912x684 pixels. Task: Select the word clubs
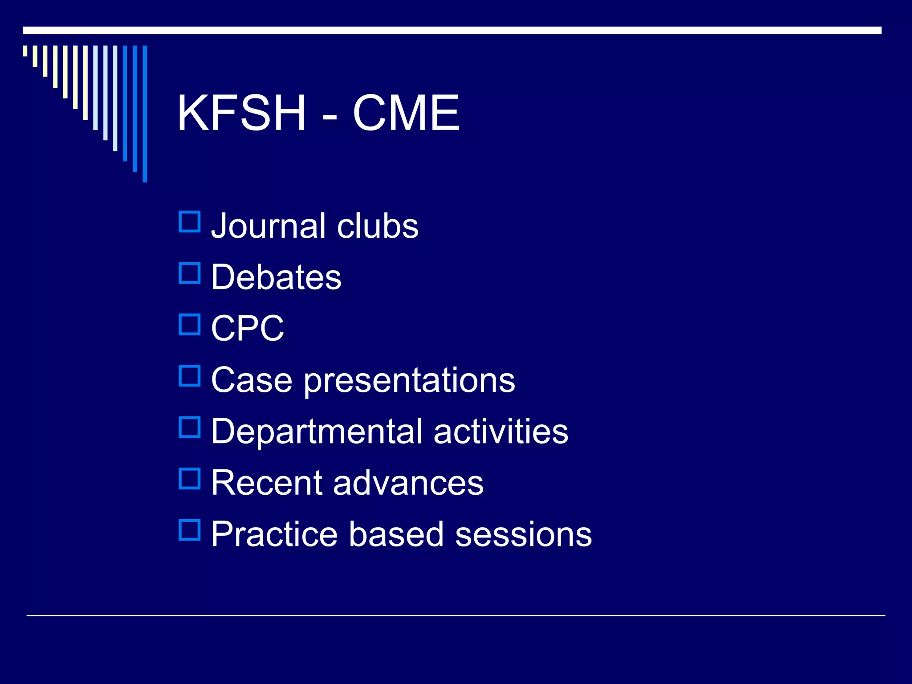click(x=378, y=226)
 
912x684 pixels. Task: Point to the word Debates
click(x=276, y=277)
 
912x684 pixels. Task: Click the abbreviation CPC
click(x=248, y=328)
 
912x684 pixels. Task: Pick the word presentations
click(x=410, y=381)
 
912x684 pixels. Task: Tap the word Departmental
click(x=317, y=432)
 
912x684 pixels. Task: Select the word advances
click(x=408, y=483)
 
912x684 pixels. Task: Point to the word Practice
click(x=274, y=534)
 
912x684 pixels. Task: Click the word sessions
click(x=524, y=534)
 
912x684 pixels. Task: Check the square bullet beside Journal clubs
click(x=190, y=222)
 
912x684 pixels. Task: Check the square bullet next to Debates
click(x=190, y=273)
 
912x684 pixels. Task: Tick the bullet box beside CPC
click(x=190, y=324)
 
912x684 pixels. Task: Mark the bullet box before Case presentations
click(x=190, y=376)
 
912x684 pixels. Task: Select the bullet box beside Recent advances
click(x=190, y=479)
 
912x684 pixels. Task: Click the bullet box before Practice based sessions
click(x=190, y=530)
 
